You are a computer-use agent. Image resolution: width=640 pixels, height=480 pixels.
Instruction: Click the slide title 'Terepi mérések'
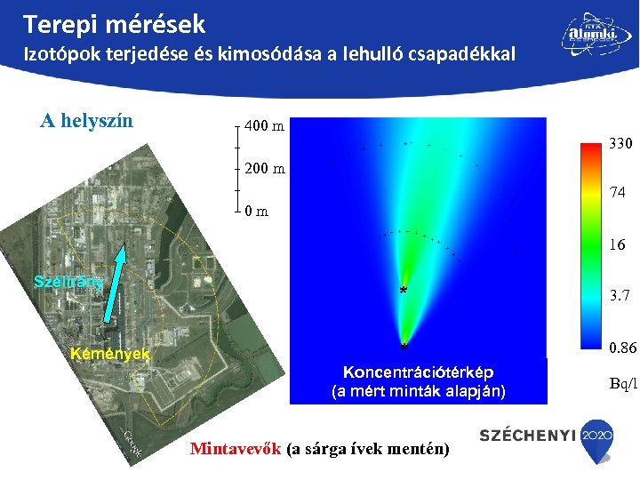point(115,23)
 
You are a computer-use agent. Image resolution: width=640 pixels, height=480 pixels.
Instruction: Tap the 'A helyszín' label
point(87,120)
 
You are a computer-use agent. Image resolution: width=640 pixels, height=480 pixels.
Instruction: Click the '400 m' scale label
point(264,126)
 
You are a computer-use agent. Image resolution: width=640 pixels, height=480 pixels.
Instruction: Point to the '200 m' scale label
point(264,168)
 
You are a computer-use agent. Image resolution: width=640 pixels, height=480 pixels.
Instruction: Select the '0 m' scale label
point(256,212)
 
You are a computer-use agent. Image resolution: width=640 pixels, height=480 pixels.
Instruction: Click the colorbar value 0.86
point(620,347)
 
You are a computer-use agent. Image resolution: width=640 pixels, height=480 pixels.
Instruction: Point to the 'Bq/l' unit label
point(623,383)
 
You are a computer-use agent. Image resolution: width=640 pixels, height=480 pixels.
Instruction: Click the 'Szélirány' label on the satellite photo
point(68,281)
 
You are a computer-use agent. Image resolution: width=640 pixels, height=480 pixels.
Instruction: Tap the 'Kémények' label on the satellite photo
point(109,354)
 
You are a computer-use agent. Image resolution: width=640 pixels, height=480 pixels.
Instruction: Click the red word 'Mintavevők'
point(236,448)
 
